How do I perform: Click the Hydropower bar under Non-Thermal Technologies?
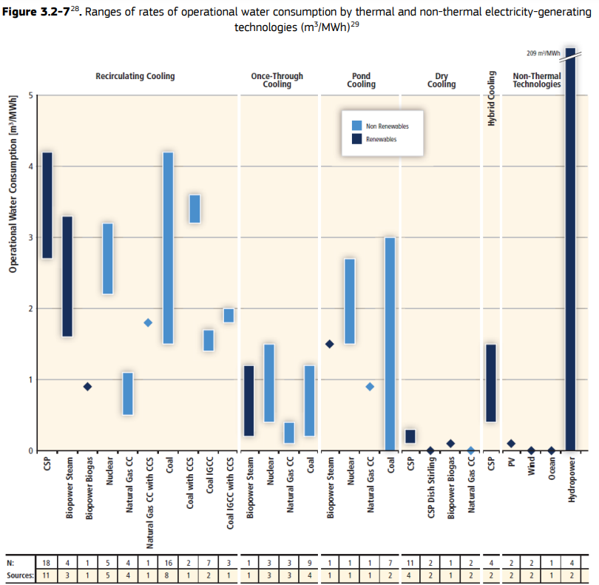click(570, 251)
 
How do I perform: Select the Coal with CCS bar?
click(195, 209)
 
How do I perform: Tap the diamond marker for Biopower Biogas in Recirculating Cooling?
click(87, 386)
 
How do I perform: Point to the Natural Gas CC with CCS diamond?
click(148, 322)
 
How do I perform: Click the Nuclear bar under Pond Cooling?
click(350, 301)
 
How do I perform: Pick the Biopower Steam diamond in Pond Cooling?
click(330, 344)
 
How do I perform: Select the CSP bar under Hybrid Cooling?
click(490, 383)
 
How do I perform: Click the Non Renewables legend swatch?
click(356, 126)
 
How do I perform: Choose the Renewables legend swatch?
click(356, 139)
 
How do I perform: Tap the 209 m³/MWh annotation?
click(541, 53)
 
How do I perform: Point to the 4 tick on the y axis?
click(31, 166)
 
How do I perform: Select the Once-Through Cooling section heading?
click(277, 80)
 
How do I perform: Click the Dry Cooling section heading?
click(441, 80)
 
